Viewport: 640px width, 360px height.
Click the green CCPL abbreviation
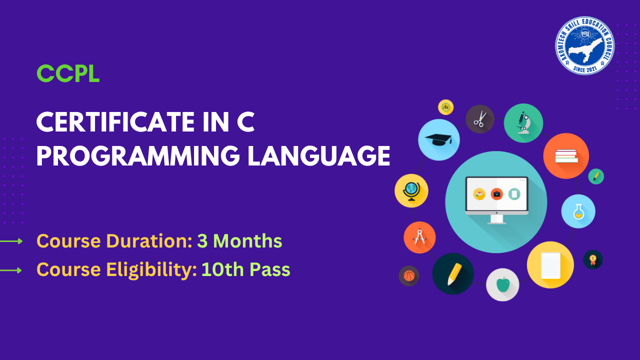(68, 74)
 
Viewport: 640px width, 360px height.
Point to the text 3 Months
(239, 241)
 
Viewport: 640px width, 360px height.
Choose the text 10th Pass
(245, 270)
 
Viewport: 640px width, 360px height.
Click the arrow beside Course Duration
(11, 241)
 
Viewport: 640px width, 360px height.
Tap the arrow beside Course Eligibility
(11, 270)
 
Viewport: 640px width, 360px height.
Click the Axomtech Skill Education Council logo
(584, 45)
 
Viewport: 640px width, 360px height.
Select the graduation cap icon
(438, 140)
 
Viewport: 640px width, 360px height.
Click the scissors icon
(480, 119)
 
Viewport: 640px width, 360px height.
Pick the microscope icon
(523, 123)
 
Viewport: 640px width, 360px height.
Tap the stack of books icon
(566, 156)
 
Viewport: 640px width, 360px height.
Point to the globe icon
(411, 190)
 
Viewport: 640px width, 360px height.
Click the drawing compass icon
(419, 237)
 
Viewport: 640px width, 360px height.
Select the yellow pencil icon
(453, 274)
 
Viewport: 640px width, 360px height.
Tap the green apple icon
(502, 284)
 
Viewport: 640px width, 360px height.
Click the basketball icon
(409, 275)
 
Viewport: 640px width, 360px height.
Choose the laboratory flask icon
(578, 211)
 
